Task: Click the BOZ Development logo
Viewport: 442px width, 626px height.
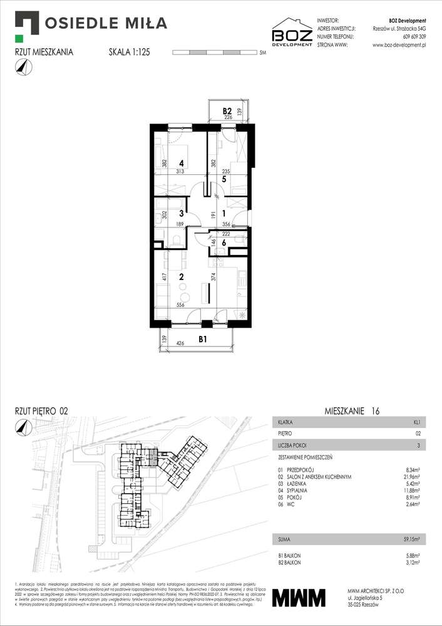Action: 291,33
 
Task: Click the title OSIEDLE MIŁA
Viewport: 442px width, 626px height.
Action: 106,24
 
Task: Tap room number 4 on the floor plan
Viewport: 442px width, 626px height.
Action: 180,150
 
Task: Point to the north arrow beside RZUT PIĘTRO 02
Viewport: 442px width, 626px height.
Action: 23,427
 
